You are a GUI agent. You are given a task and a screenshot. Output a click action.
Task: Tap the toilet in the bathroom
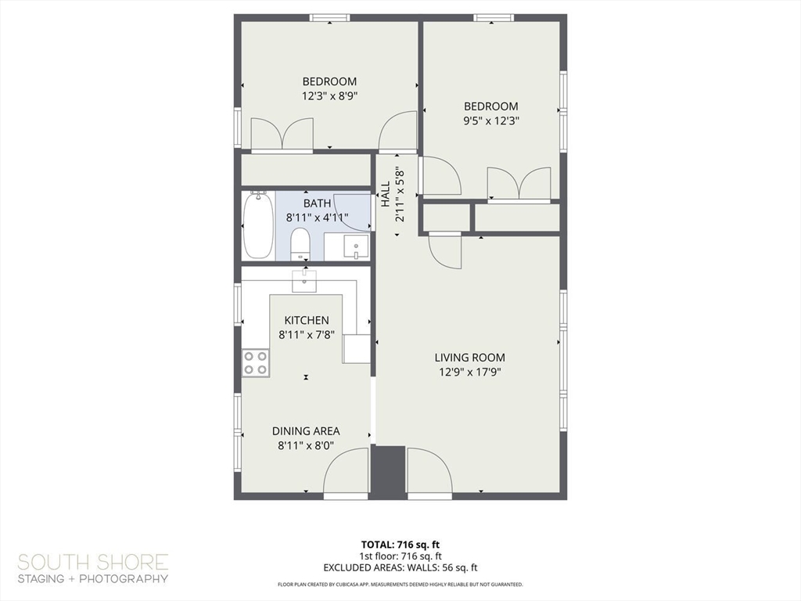click(x=300, y=245)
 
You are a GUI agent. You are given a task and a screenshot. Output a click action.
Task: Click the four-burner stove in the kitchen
click(x=256, y=362)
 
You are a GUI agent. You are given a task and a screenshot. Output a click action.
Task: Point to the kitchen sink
click(x=304, y=280)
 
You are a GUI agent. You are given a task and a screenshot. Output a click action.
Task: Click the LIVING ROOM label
click(x=469, y=358)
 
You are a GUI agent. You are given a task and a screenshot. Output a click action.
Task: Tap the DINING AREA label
click(x=306, y=431)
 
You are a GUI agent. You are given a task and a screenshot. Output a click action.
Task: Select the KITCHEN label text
click(x=306, y=320)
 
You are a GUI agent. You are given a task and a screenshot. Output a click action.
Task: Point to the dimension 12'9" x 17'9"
click(x=469, y=372)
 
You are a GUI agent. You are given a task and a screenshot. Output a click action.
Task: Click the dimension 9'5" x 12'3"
click(x=491, y=121)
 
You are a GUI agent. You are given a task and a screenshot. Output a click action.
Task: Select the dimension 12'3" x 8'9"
click(x=330, y=96)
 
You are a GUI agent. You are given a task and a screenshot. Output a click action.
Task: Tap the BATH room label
click(x=317, y=203)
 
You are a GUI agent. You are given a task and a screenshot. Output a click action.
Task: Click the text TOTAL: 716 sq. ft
click(x=400, y=544)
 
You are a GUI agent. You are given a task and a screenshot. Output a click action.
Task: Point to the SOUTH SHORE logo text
click(x=93, y=562)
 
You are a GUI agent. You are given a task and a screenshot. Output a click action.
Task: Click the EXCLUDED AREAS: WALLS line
click(x=400, y=567)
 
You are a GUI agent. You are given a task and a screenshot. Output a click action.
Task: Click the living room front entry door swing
click(x=429, y=473)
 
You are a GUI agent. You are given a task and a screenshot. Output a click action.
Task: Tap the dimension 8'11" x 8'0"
click(x=306, y=446)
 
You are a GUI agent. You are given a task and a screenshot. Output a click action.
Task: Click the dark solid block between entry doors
click(x=387, y=472)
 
